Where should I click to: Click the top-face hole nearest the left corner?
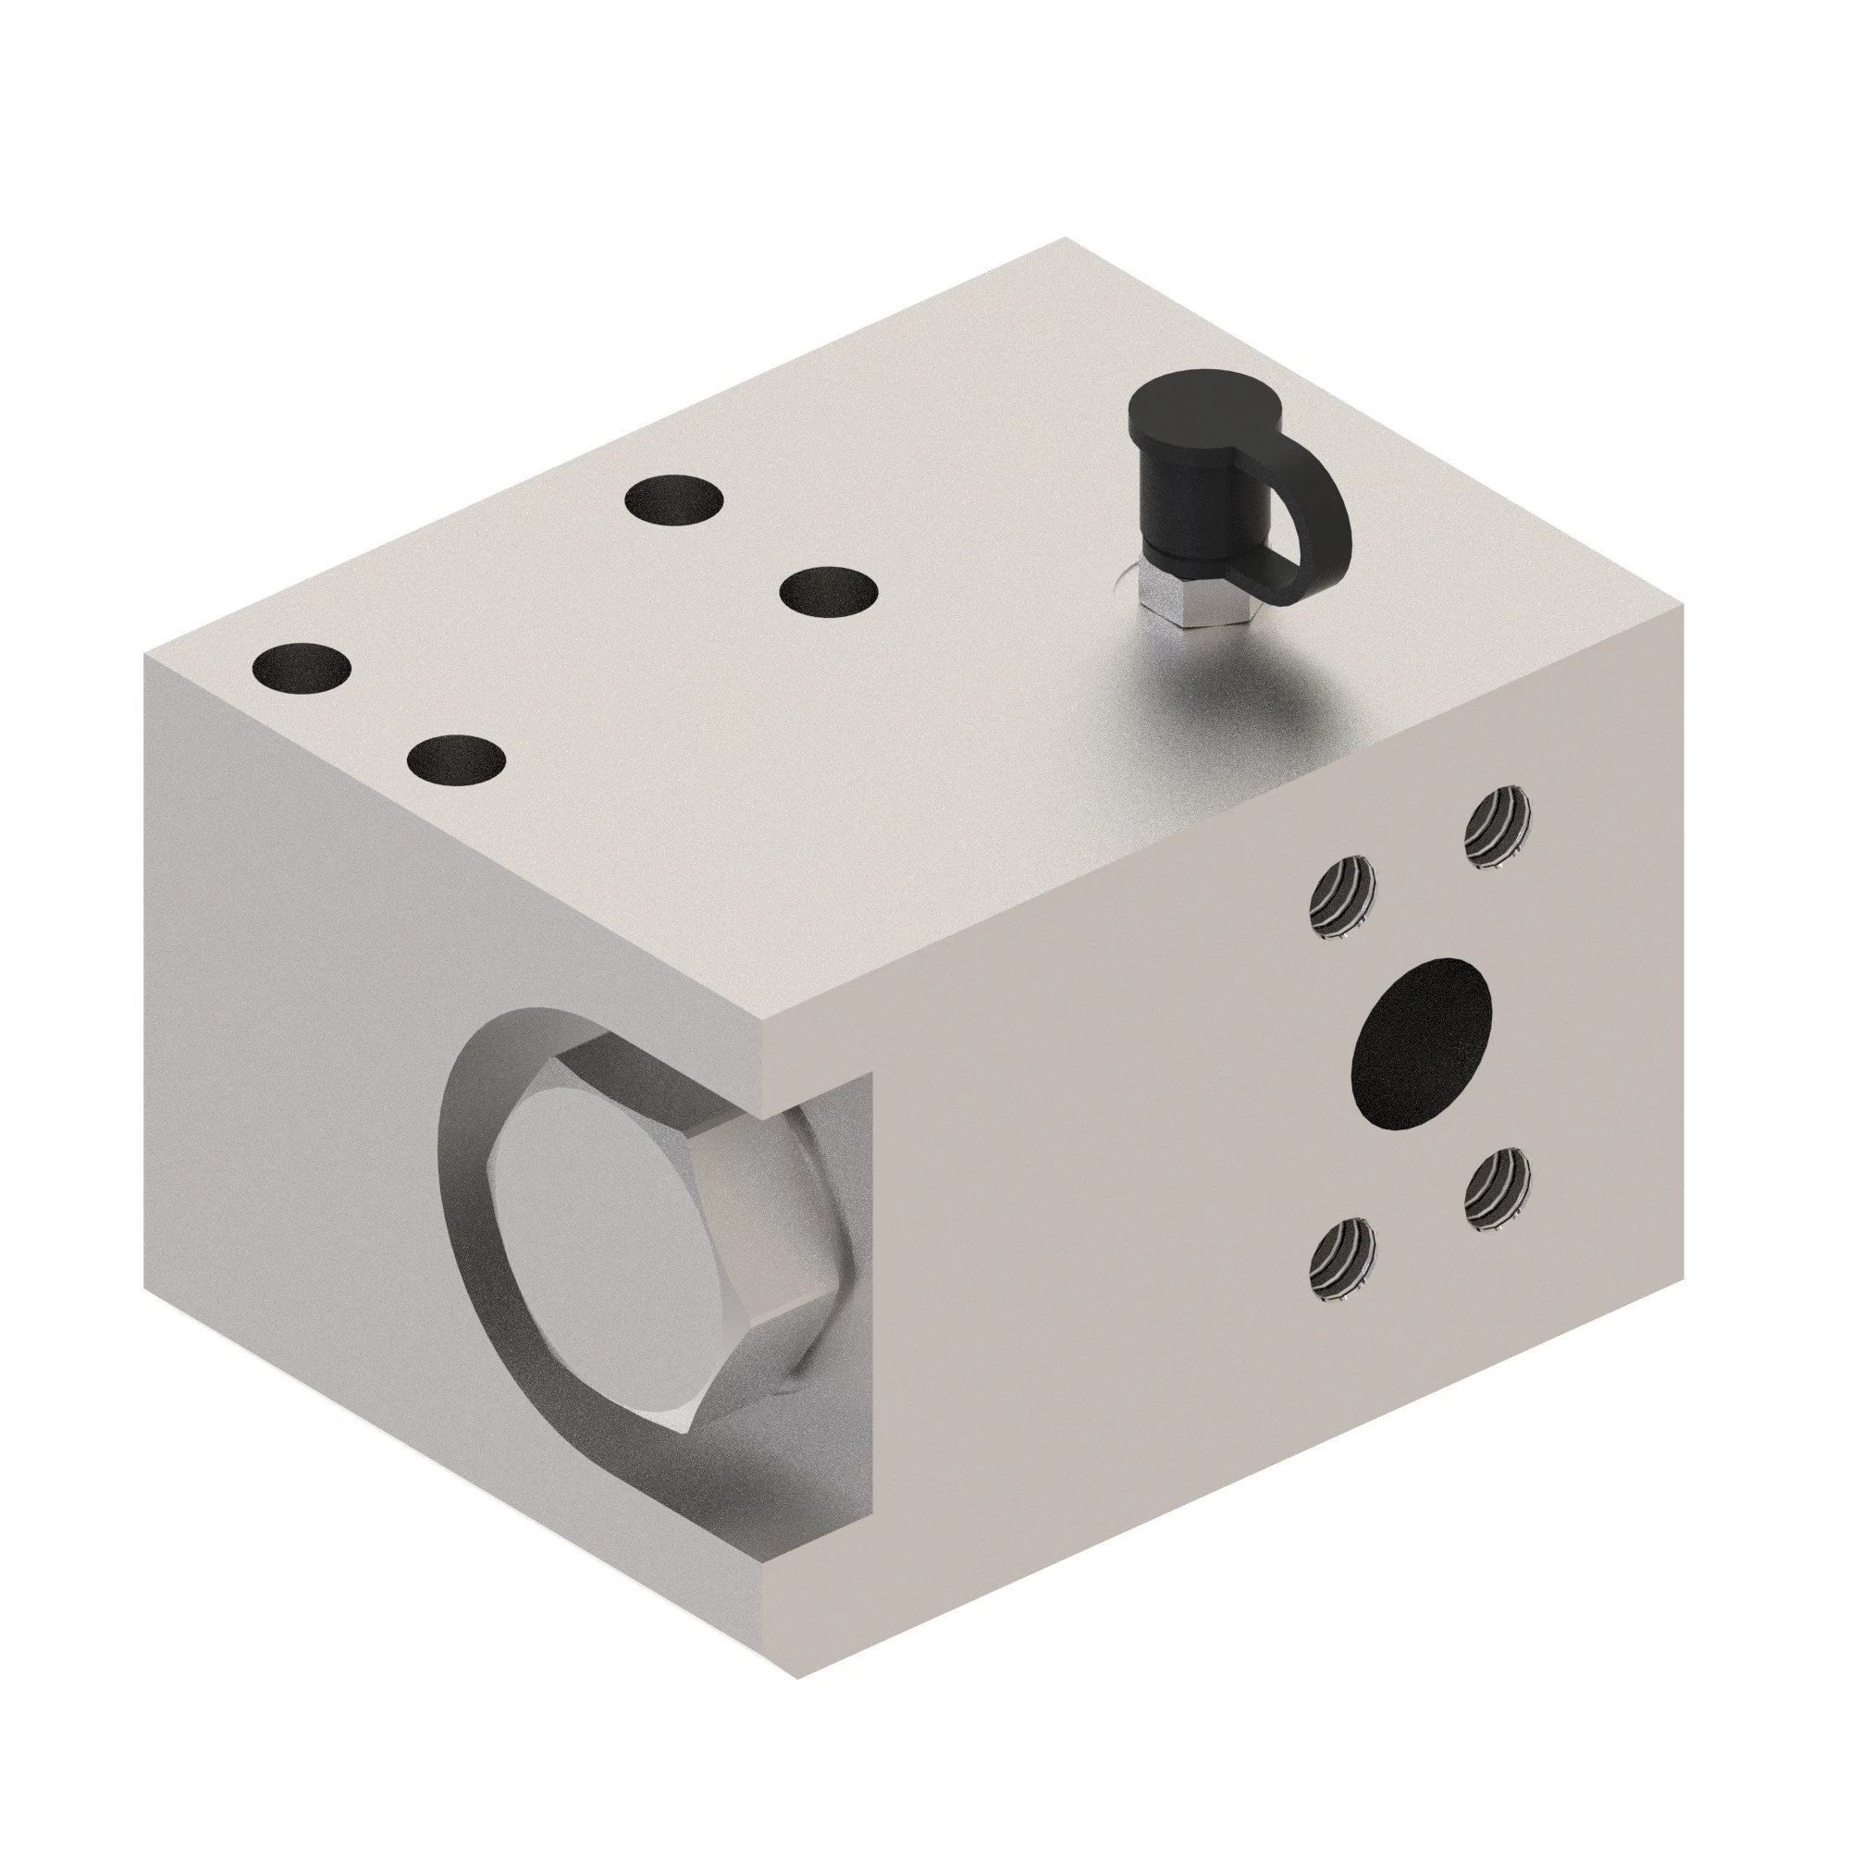[x=301, y=668]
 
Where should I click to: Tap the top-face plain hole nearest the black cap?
[x=829, y=591]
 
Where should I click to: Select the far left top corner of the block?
[x=145, y=656]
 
